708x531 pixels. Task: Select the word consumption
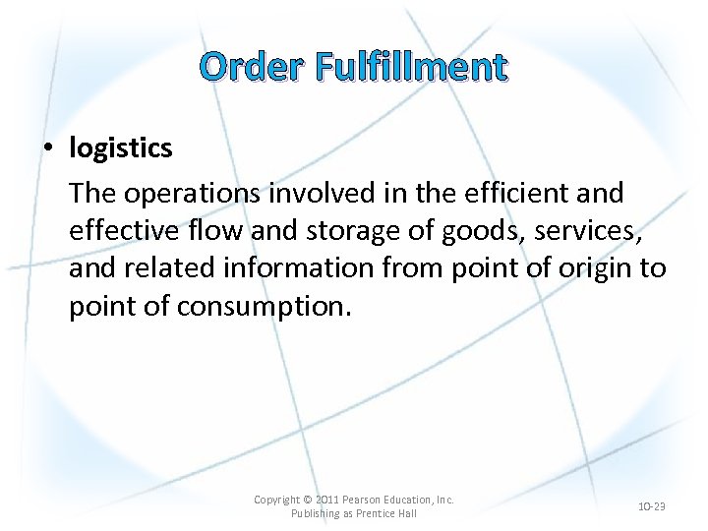click(261, 306)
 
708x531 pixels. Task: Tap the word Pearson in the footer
click(366, 500)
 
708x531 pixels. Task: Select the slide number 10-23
click(652, 506)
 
